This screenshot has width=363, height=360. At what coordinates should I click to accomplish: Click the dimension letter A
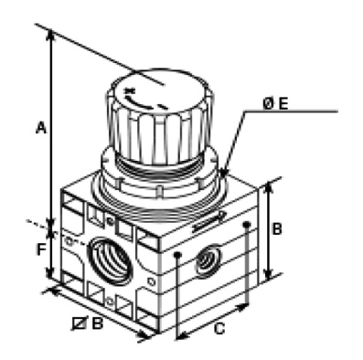coord(41,127)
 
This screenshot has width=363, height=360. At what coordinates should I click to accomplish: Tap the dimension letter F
coord(41,250)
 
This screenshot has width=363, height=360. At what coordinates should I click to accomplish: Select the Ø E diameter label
coord(275,104)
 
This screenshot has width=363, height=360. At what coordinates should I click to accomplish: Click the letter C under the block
coord(219,329)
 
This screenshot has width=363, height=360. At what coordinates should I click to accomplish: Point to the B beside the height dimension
coord(277,229)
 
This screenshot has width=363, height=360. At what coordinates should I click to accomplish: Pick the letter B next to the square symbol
coord(98,323)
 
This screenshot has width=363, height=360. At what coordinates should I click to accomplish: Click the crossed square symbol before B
coord(80,323)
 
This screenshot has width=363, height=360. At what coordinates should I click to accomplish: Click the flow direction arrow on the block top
coord(208,222)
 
